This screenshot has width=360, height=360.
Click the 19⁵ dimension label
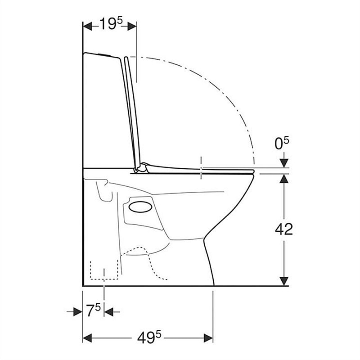[111, 24]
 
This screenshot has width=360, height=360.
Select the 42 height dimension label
[284, 229]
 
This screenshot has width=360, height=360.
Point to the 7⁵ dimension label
[94, 310]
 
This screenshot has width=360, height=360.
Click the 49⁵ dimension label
[149, 338]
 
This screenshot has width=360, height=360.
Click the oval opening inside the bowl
[140, 207]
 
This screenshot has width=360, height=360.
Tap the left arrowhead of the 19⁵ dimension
[87, 27]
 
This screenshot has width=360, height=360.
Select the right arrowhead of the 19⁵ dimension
[132, 27]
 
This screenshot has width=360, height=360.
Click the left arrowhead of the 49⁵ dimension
[87, 338]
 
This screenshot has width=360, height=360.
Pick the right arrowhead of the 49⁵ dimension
[208, 338]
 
